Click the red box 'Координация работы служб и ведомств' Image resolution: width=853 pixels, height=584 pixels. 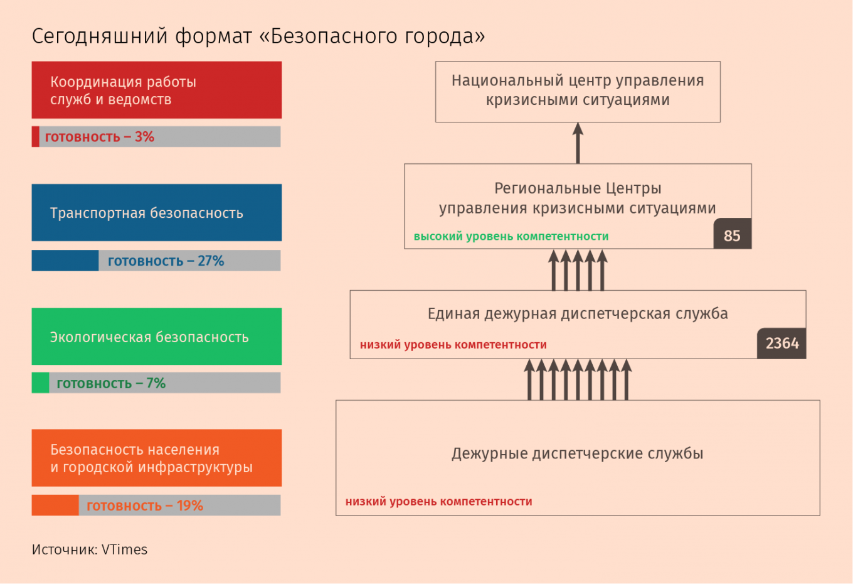pos(157,90)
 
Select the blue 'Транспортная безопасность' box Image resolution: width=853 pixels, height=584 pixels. pos(157,213)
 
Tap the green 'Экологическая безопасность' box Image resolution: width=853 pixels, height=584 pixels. pos(157,336)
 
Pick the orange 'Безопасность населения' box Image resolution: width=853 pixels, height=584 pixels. pos(157,458)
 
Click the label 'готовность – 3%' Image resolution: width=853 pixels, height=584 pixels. pos(100,137)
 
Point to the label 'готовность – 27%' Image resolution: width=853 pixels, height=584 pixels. pos(166,261)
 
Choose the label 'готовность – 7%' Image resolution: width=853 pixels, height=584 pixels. pos(111,383)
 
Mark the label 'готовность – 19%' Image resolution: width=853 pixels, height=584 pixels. pos(145,506)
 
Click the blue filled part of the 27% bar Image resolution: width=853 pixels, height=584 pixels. pos(65,261)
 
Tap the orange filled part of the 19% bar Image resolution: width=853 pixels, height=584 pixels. pos(55,505)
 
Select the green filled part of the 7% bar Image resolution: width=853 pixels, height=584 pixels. pos(40,382)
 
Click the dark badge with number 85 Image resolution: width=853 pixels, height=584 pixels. pos(733,234)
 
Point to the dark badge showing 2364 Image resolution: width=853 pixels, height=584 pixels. pos(781,343)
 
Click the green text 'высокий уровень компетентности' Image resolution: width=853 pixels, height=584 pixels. pos(511,236)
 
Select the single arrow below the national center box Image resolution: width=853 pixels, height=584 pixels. pos(578,143)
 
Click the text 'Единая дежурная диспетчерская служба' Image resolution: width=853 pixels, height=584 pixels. pos(578,314)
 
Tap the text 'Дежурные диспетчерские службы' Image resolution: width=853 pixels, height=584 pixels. pos(577,453)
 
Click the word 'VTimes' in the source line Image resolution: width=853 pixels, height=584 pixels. pos(125,549)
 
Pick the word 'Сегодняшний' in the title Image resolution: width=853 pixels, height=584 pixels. pos(100,36)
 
